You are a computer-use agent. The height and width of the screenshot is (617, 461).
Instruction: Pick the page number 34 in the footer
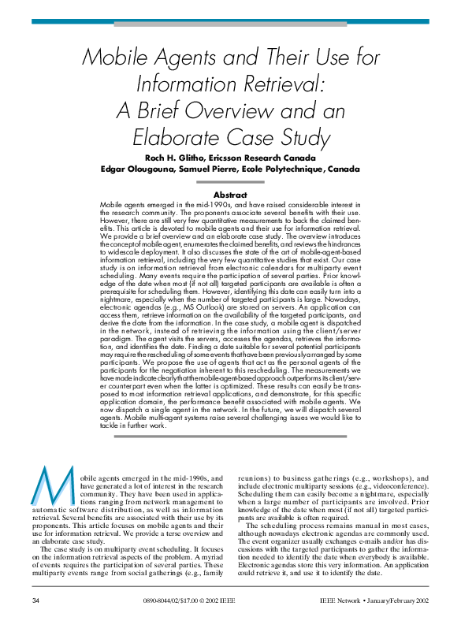point(35,602)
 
